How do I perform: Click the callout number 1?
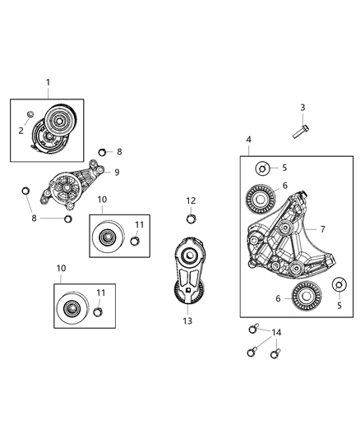[48, 82]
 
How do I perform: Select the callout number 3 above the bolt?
[302, 108]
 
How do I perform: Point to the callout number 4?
[249, 140]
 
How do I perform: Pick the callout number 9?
[117, 172]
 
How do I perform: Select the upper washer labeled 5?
[261, 169]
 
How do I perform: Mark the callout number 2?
[22, 131]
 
